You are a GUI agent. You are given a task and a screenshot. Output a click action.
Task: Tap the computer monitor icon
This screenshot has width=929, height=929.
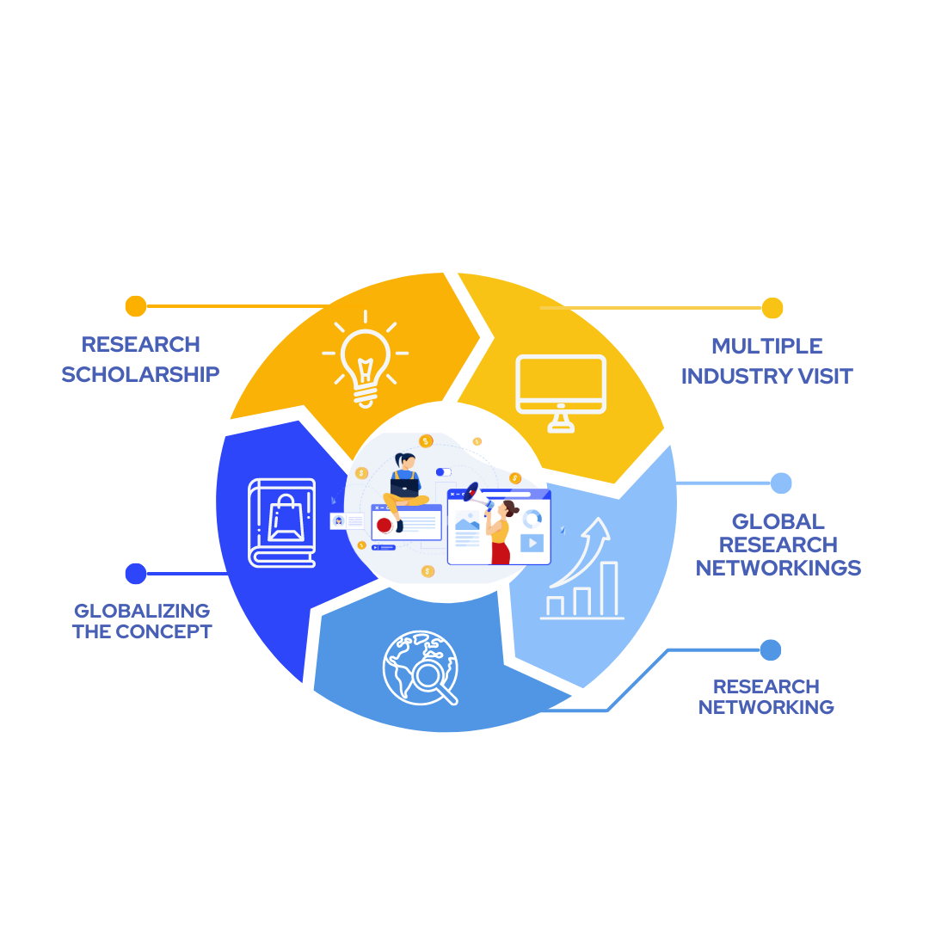click(x=561, y=391)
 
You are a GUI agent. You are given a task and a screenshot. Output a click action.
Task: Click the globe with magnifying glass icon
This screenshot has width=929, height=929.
click(x=419, y=668)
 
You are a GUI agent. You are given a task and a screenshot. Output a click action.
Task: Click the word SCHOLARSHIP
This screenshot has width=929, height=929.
click(x=140, y=374)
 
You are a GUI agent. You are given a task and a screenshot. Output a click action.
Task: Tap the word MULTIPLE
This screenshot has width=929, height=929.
click(x=766, y=346)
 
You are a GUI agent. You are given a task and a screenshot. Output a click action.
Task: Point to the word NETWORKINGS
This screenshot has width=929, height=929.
click(x=778, y=568)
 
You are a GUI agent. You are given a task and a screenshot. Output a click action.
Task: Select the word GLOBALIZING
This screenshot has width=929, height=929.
click(x=142, y=611)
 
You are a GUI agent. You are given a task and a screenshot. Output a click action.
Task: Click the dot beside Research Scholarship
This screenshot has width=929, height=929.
click(x=136, y=306)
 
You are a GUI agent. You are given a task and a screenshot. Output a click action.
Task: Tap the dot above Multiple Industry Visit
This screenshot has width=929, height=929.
click(x=772, y=308)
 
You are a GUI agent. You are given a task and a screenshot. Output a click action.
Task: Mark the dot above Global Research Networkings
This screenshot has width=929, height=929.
click(x=781, y=483)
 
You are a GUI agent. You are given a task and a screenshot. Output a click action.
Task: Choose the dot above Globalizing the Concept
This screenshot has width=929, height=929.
click(x=136, y=573)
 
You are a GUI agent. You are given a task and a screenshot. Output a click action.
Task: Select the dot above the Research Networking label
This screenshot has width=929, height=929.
click(x=771, y=649)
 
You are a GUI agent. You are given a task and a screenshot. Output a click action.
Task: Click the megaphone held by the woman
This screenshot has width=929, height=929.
click(x=472, y=492)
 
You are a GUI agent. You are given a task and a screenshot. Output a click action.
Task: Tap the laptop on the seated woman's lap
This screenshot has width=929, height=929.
click(x=403, y=487)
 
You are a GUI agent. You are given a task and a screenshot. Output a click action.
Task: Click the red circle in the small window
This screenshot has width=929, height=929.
click(x=385, y=525)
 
